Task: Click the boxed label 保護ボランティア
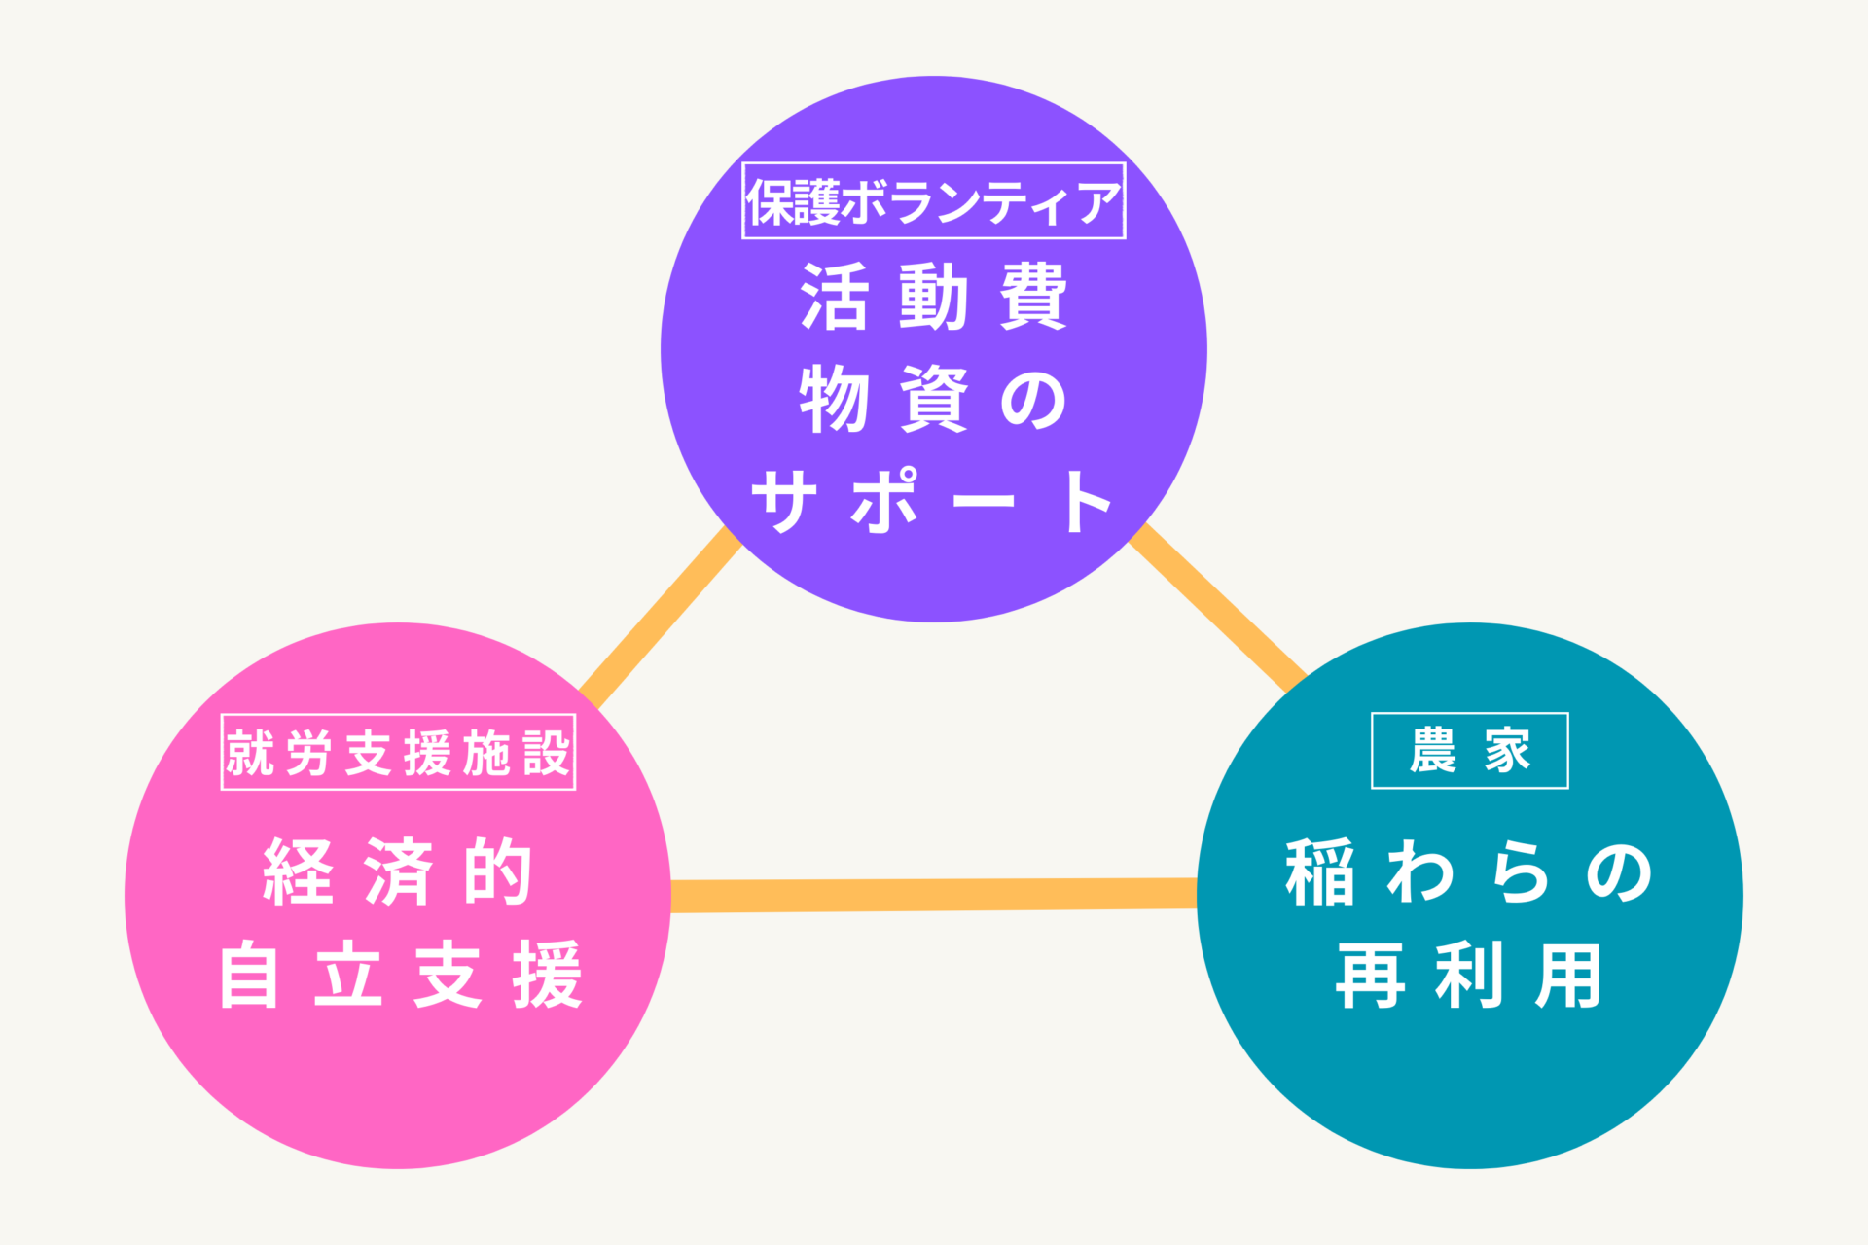point(933,201)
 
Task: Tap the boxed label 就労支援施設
point(398,752)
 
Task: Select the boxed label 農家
point(1469,751)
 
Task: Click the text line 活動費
point(933,297)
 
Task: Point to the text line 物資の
point(933,400)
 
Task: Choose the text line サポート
point(933,502)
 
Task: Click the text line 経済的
point(398,871)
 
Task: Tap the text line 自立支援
point(400,975)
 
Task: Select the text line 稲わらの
point(1469,872)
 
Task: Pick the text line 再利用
point(1469,976)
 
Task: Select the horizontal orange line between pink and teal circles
point(933,895)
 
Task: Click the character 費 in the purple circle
point(1033,297)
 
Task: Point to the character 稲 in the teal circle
point(1320,872)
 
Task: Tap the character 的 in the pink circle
point(498,871)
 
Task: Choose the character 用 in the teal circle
point(1568,976)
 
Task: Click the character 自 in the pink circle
point(250,975)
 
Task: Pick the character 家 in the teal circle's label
point(1507,751)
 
